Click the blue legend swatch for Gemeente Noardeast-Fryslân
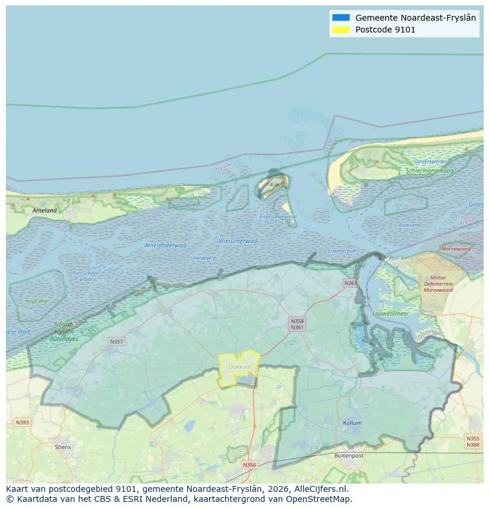341,18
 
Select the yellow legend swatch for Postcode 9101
341,30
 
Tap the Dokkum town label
240,367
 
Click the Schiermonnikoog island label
429,170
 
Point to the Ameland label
45,210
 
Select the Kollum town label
352,423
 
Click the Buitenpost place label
348,456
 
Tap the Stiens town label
63,447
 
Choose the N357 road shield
116,342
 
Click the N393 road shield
22,422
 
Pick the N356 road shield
250,465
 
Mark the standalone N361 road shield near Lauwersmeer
350,283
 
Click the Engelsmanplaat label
278,216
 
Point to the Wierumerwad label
237,241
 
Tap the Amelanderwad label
165,245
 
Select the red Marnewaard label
456,249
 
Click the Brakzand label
409,225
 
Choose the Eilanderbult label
342,251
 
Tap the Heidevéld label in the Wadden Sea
205,258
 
